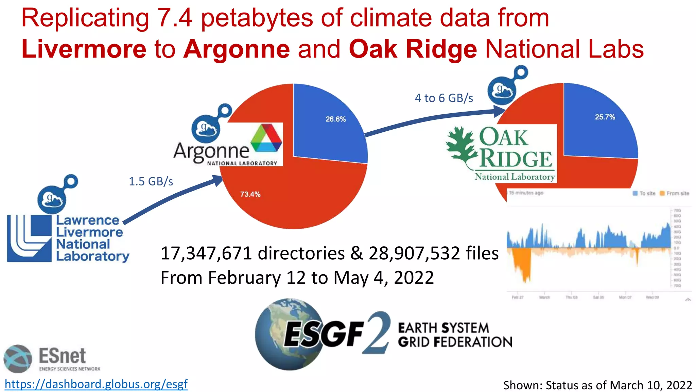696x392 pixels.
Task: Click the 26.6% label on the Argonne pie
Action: click(335, 119)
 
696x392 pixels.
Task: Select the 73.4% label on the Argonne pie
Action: click(250, 194)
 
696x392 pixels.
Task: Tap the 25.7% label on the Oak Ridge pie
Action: click(605, 117)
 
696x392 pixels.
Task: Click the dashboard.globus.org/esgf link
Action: click(96, 384)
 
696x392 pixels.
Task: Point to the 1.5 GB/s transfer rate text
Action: click(151, 181)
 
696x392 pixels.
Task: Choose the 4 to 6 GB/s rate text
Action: click(444, 98)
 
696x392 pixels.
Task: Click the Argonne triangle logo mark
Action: click(266, 137)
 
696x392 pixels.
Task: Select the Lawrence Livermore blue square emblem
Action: click(29, 238)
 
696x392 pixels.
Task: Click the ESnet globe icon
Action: click(18, 359)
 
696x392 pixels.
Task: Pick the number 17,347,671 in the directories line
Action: click(206, 254)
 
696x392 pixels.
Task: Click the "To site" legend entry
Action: click(644, 193)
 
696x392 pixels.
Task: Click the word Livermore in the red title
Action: click(84, 49)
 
